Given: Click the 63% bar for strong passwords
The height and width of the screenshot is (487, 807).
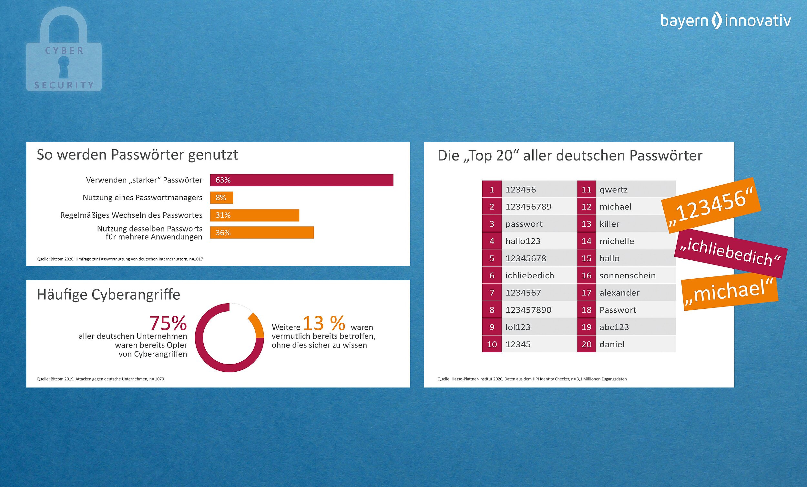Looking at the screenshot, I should [301, 180].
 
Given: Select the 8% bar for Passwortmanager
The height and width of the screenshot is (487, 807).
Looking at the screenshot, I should [221, 198].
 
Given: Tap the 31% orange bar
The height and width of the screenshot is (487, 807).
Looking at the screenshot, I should [254, 215].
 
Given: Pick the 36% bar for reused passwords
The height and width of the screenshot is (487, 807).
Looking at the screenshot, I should [262, 233].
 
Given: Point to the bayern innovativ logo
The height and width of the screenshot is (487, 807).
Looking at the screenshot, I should [725, 21].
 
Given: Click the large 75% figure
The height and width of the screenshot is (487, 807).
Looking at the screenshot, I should [168, 323].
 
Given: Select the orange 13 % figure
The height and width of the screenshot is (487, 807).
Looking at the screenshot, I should [323, 323].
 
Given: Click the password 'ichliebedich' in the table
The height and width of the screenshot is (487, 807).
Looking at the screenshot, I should [530, 275].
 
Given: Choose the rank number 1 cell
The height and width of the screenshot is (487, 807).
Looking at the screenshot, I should [492, 190].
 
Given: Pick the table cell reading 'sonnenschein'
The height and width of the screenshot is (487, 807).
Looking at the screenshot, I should [627, 275].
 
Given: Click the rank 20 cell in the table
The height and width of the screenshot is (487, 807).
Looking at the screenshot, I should [586, 344].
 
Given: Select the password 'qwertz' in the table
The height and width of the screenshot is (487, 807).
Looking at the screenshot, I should [613, 190].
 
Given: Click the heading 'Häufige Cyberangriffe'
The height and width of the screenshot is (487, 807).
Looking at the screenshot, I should [108, 295].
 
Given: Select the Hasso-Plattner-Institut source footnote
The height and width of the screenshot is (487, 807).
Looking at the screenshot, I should [532, 379].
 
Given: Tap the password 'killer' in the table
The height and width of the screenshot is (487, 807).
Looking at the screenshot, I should [609, 224].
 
